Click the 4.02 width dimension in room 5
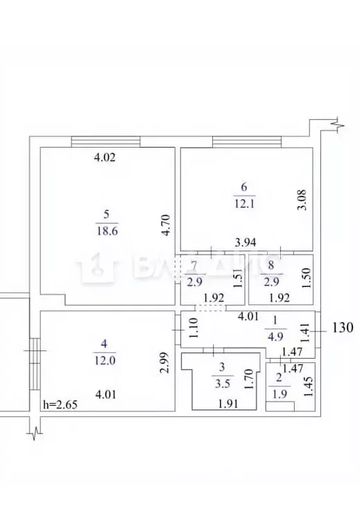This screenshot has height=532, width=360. point(104,157)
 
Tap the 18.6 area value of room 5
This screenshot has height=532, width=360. point(106,232)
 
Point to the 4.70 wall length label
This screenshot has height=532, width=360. point(166,225)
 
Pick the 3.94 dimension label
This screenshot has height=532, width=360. point(246,241)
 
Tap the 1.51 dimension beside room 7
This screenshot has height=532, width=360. point(237,278)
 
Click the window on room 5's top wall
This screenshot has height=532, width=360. point(106,141)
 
